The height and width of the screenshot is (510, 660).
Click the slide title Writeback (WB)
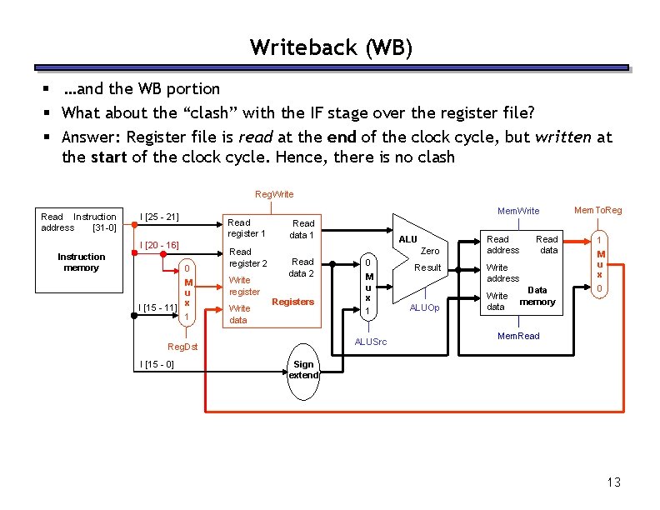point(331,47)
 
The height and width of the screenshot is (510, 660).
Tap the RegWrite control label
point(273,194)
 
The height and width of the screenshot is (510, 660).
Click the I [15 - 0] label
point(157,364)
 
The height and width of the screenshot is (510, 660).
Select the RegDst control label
point(182,347)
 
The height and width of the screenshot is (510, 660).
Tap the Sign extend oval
point(303,370)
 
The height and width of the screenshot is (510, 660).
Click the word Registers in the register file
point(293,302)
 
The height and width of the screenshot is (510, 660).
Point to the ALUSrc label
point(371,342)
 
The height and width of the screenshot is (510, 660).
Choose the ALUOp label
point(424,308)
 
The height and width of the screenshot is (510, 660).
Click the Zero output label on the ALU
point(430,251)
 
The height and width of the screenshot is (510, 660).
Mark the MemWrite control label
point(518,211)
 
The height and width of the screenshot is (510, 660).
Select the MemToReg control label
point(597,210)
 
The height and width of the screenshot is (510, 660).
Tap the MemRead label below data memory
point(517,336)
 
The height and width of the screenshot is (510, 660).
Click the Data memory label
point(537,296)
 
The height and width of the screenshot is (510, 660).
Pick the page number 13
point(614,482)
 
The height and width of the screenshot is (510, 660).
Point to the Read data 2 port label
point(301,267)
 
